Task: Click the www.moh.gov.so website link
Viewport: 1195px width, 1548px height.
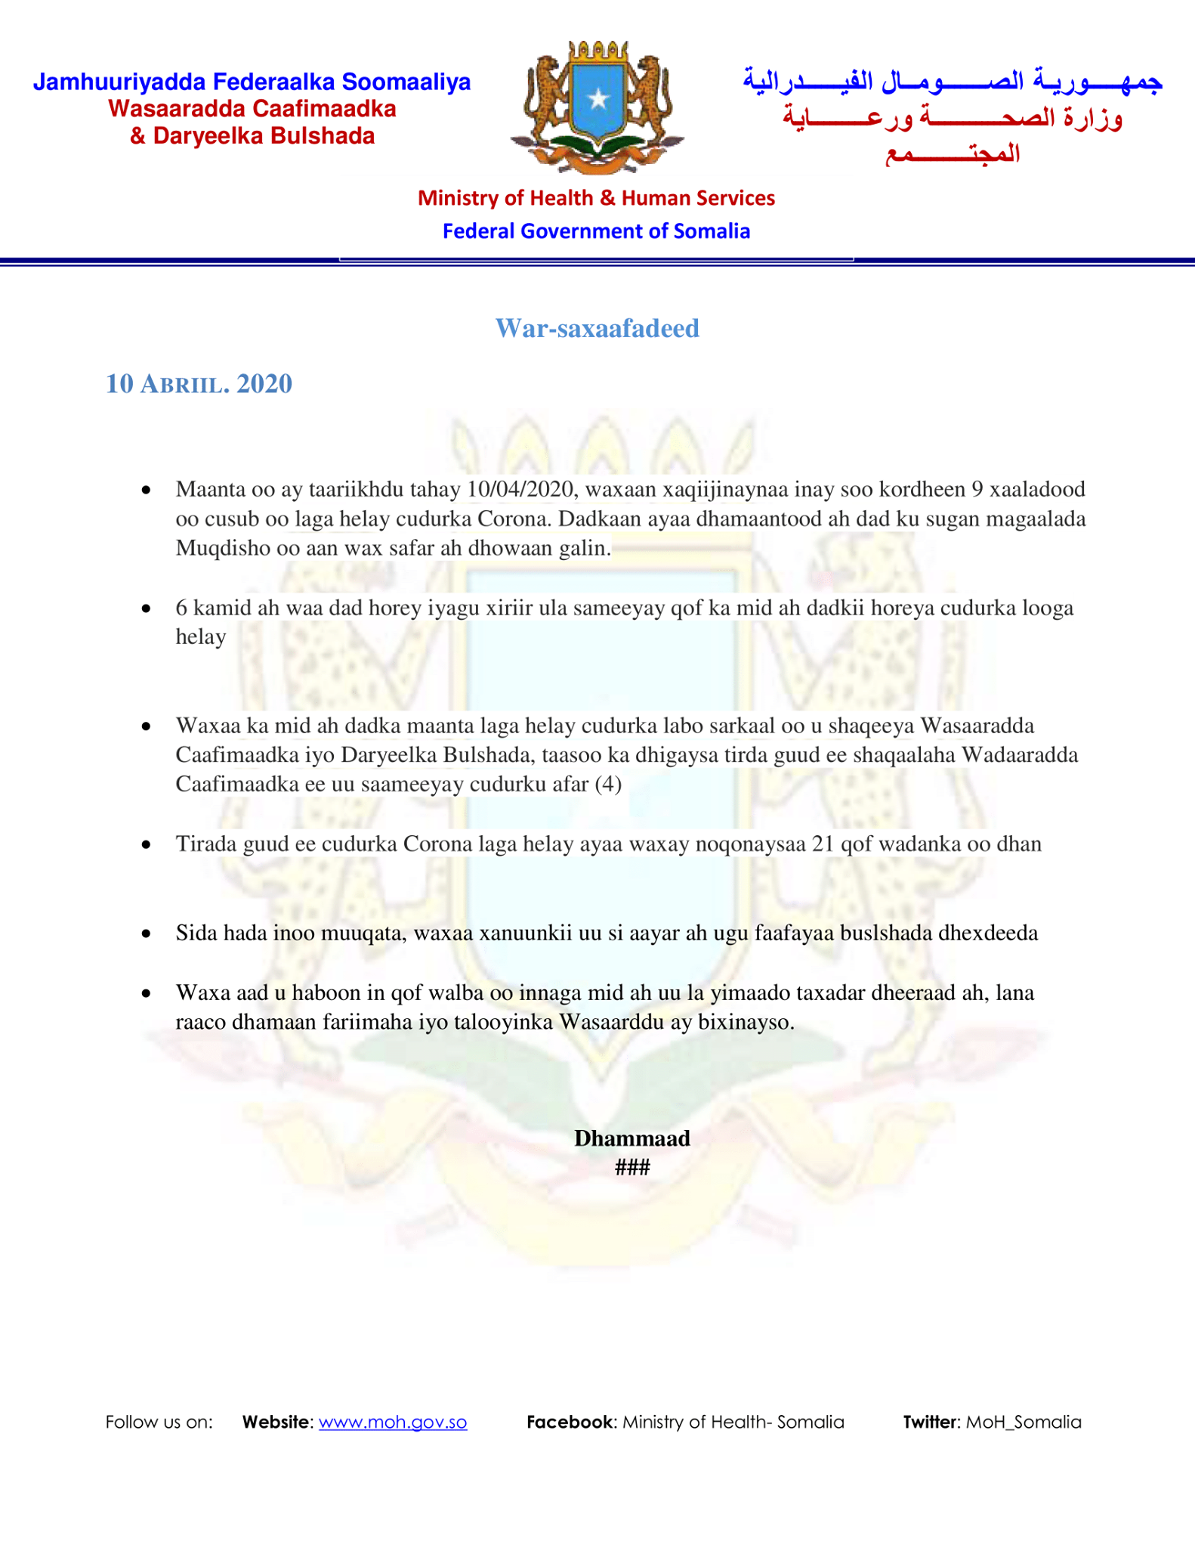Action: pos(392,1422)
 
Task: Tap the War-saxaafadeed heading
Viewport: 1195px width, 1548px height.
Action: pos(597,328)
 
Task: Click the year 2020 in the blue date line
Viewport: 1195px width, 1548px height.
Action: pos(264,384)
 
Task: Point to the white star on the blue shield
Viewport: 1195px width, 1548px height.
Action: pos(598,99)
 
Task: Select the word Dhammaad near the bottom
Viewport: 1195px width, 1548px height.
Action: pos(631,1138)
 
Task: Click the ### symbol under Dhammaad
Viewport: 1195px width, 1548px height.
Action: pos(631,1168)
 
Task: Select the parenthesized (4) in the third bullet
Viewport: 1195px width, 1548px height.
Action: pos(608,784)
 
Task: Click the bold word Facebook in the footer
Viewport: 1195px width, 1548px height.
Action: pos(570,1422)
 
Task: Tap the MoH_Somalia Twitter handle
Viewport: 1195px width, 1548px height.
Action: pos(1024,1422)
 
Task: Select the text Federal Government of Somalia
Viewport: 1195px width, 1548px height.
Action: pos(596,231)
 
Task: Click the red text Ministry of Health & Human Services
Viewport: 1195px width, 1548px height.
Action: pos(596,198)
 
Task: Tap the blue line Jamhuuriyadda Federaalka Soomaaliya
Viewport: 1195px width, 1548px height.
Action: pos(252,82)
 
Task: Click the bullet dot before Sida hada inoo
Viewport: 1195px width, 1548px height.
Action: pos(147,934)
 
